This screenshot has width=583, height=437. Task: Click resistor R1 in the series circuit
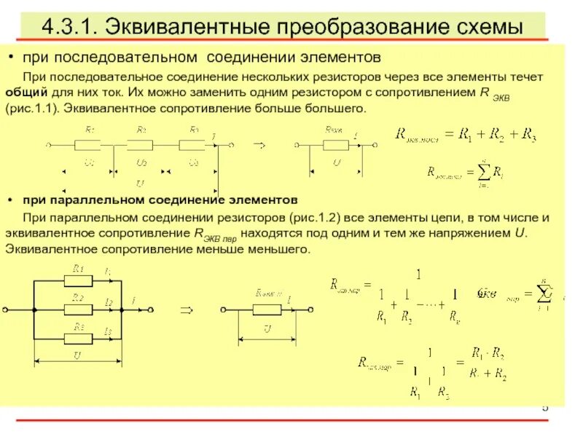89,143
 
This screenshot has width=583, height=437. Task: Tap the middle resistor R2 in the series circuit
141,143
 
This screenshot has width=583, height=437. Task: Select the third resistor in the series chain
193,143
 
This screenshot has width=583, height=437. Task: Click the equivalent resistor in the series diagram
334,143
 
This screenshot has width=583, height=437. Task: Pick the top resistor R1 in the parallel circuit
78,280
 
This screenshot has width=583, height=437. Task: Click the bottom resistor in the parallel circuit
78,337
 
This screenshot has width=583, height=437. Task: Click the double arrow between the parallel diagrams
186,310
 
